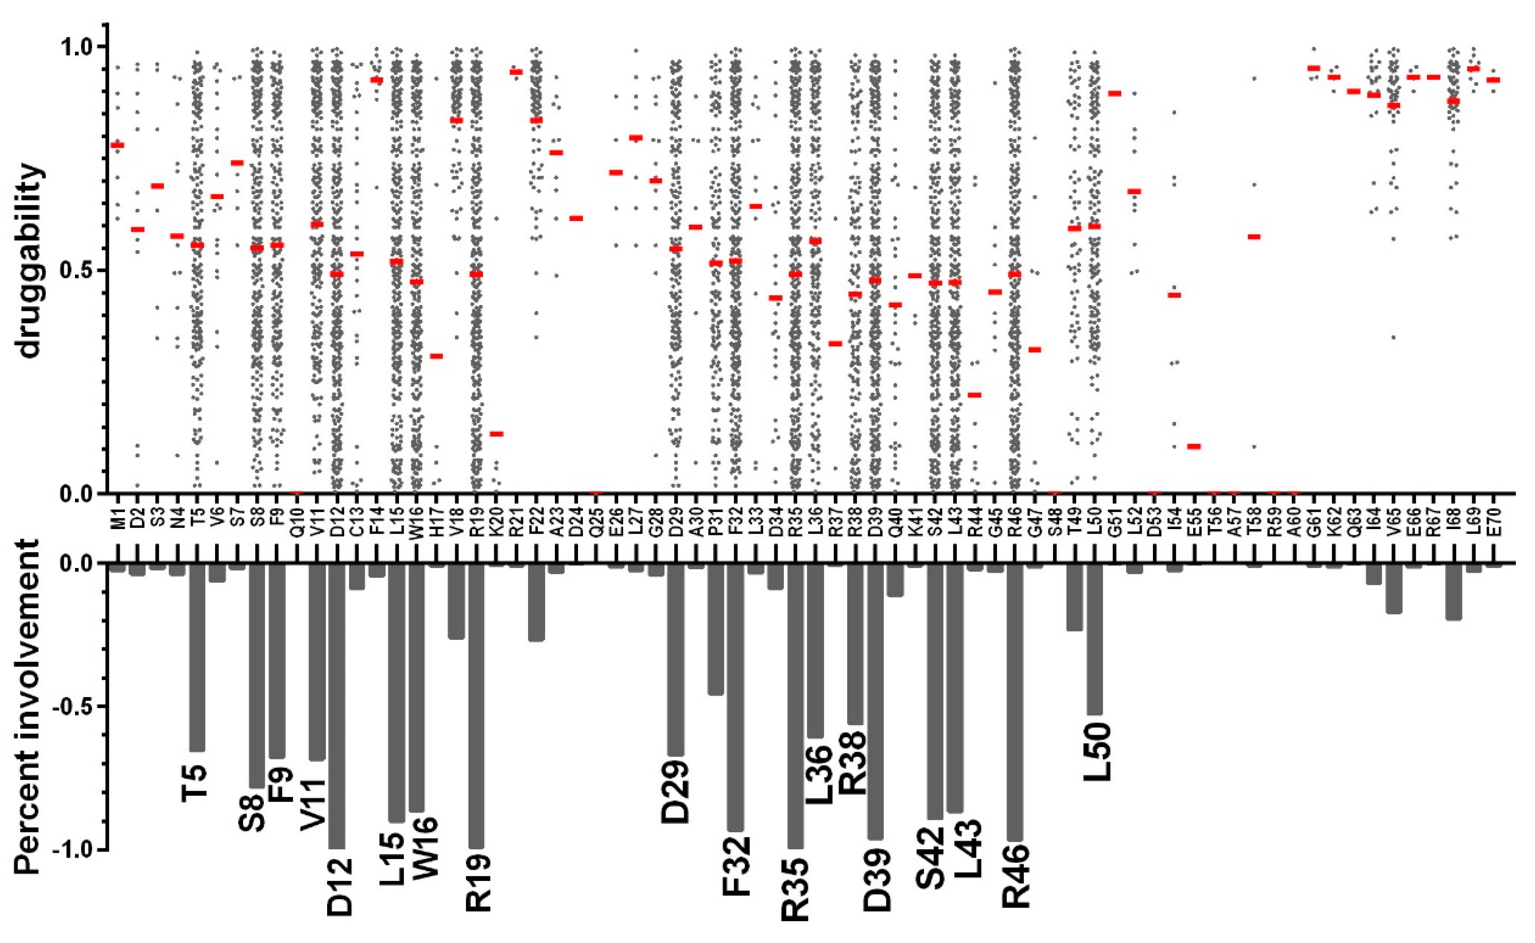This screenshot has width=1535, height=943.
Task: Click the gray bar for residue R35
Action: [795, 705]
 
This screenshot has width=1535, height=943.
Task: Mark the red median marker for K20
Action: [496, 434]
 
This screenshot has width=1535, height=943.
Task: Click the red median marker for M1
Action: [117, 145]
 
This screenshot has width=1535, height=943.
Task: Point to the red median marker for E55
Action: [1194, 446]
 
